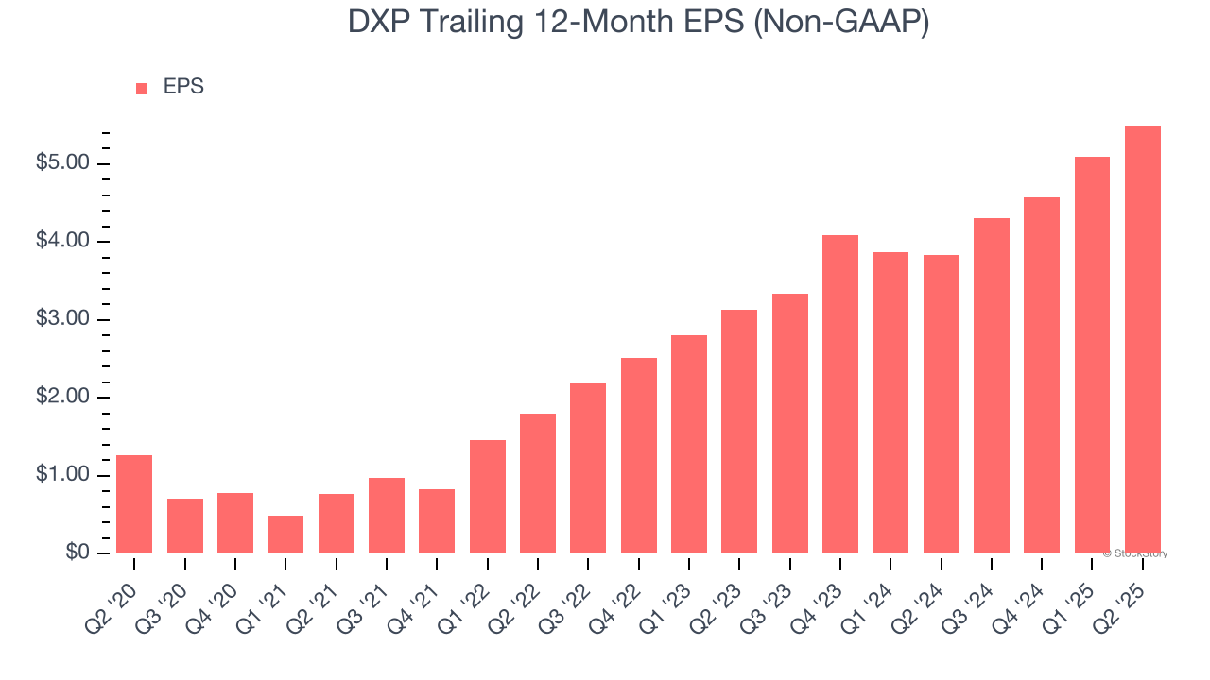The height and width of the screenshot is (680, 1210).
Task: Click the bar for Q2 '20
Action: click(134, 504)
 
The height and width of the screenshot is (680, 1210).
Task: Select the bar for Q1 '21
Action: click(285, 535)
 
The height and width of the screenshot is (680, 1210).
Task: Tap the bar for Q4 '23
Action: click(840, 394)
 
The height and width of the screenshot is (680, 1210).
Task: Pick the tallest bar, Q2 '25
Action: click(1143, 339)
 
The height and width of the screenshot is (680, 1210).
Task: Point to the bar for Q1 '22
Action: click(488, 497)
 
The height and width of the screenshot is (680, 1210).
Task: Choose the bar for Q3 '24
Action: click(992, 385)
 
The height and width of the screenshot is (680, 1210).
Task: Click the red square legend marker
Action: click(142, 88)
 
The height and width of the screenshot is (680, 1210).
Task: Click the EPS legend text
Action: click(183, 87)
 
